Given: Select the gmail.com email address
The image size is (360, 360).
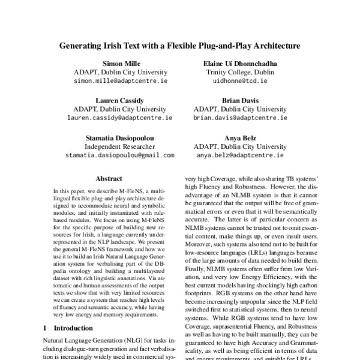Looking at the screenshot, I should (x=119, y=154).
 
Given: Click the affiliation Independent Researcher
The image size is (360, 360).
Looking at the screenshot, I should (x=119, y=146).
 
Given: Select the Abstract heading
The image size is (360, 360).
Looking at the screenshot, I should (x=109, y=178).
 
